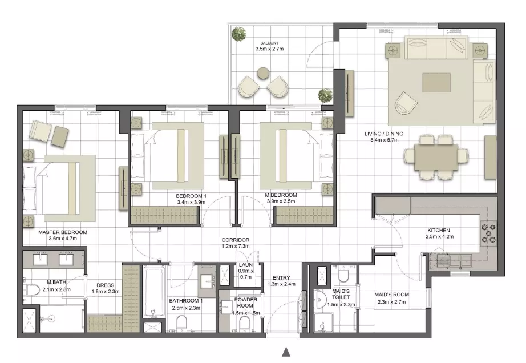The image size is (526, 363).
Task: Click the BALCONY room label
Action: pyautogui.click(x=269, y=43)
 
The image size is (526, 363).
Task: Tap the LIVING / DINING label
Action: pyautogui.click(x=384, y=134)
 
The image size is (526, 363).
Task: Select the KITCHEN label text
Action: pyautogui.click(x=439, y=231)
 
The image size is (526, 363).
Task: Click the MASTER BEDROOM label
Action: pyautogui.click(x=63, y=232)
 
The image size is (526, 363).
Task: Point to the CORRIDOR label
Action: pyautogui.click(x=236, y=240)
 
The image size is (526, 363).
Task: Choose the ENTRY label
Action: pyautogui.click(x=281, y=278)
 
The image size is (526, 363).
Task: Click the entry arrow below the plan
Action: pyautogui.click(x=286, y=352)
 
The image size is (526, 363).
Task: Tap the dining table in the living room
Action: pyautogui.click(x=436, y=157)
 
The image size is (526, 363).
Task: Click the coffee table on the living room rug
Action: pyautogui.click(x=436, y=83)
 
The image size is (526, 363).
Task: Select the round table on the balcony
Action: pyautogui.click(x=263, y=74)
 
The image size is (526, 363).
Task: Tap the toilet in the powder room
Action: pyautogui.click(x=245, y=324)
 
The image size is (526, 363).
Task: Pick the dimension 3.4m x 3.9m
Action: pyautogui.click(x=191, y=202)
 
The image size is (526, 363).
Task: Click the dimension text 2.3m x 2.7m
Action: pyautogui.click(x=392, y=301)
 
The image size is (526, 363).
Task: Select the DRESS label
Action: pyautogui.click(x=106, y=285)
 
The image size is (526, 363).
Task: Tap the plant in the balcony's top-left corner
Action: pyautogui.click(x=238, y=34)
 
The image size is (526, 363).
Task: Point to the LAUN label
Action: pyautogui.click(x=246, y=265)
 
